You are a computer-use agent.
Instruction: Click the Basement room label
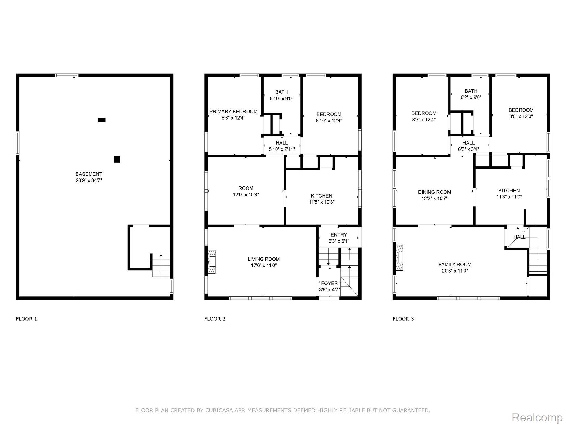(89, 174)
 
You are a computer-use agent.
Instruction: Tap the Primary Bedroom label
(233, 112)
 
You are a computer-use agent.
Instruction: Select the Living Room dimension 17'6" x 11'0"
(263, 265)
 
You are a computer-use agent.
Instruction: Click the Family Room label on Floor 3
(455, 265)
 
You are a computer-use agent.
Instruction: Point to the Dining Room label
(434, 192)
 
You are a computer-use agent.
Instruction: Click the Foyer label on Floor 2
(329, 283)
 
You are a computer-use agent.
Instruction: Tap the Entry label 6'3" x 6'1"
(339, 238)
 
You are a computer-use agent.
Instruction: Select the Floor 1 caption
(26, 319)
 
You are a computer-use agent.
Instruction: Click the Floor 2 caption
(215, 319)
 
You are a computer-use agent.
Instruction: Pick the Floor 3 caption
(403, 319)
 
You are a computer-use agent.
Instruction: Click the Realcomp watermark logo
(537, 417)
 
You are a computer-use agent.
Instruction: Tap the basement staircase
(161, 265)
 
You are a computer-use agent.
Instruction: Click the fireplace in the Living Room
(211, 262)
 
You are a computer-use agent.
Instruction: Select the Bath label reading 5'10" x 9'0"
(281, 95)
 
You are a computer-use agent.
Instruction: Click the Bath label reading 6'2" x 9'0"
(471, 94)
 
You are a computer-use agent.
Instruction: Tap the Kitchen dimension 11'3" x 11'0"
(509, 197)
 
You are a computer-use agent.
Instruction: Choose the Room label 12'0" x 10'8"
(246, 191)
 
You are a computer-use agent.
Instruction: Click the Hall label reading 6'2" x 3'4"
(468, 146)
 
